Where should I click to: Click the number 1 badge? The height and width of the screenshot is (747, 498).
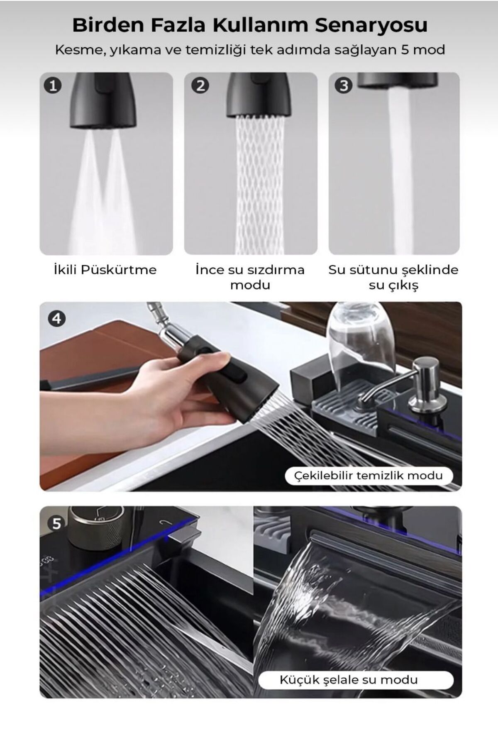click(53, 85)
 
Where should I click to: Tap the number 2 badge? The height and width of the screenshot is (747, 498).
click(200, 85)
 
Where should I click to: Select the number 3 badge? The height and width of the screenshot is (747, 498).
click(344, 85)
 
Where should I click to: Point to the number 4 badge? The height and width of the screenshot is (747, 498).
click(57, 318)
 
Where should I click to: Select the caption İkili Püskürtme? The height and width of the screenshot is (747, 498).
click(105, 269)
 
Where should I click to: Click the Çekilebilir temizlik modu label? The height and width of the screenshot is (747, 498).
click(369, 475)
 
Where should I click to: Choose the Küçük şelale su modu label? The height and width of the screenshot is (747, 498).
click(349, 680)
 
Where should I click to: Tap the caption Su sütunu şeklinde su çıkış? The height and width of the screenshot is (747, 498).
click(393, 277)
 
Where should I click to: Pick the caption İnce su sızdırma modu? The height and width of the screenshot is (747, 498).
click(250, 277)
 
